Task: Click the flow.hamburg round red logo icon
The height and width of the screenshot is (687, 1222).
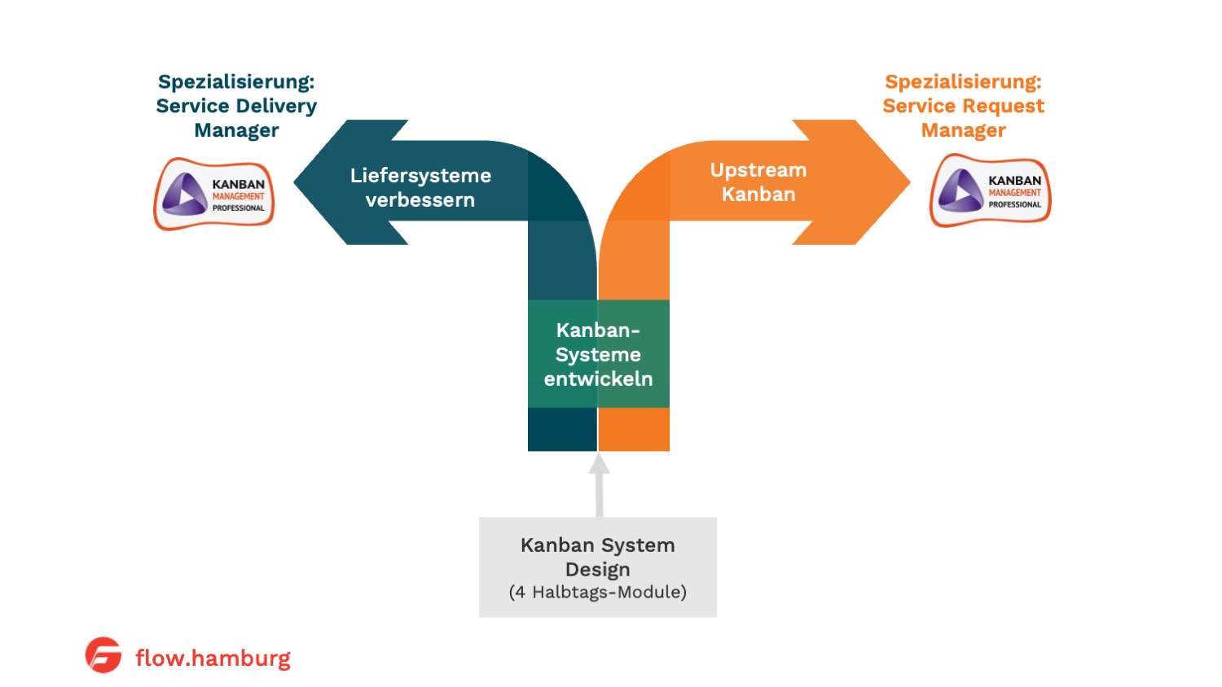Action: (103, 655)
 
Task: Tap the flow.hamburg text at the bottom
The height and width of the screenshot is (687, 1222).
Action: (213, 658)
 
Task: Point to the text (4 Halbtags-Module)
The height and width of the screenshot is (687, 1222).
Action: (598, 593)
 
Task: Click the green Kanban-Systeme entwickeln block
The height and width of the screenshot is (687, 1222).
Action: (599, 354)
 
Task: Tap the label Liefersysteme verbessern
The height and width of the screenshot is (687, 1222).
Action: (420, 188)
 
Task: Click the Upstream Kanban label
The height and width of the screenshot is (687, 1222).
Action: (758, 182)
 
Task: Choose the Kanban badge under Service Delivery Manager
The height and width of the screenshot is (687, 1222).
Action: (214, 195)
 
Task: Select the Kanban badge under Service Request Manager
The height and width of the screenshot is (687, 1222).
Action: (991, 191)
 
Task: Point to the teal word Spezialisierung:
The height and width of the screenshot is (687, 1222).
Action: (236, 82)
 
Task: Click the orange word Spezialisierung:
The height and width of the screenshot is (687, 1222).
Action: (963, 82)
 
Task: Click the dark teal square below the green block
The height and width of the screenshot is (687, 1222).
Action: (562, 429)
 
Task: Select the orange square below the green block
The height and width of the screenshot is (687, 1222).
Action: (634, 429)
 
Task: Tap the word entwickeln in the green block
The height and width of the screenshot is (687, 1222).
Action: (599, 379)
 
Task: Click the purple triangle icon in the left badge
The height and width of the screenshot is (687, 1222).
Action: (184, 195)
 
